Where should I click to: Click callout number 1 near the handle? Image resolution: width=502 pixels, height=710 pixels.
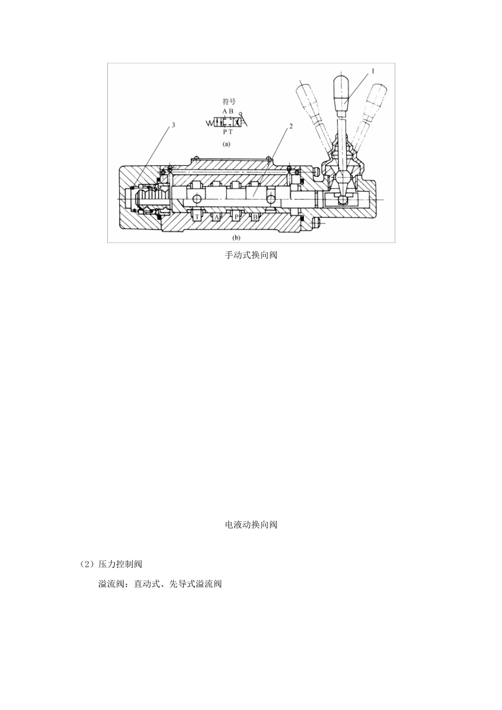pos(373,70)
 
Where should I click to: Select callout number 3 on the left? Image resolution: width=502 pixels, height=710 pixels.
pos(172,126)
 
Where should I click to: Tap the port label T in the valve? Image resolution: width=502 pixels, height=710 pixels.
pos(197,217)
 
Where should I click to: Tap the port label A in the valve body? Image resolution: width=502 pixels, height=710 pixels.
pos(216,217)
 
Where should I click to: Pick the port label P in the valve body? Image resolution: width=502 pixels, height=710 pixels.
pos(236,217)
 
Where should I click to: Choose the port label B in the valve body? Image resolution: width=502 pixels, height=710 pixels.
pos(255,217)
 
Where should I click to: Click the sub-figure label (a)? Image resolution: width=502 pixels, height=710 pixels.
pos(226,143)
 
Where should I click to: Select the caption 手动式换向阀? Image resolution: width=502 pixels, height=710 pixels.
pos(251,255)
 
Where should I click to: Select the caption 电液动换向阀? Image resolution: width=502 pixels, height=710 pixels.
pos(251,525)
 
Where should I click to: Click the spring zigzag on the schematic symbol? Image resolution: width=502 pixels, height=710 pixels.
pos(209,123)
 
